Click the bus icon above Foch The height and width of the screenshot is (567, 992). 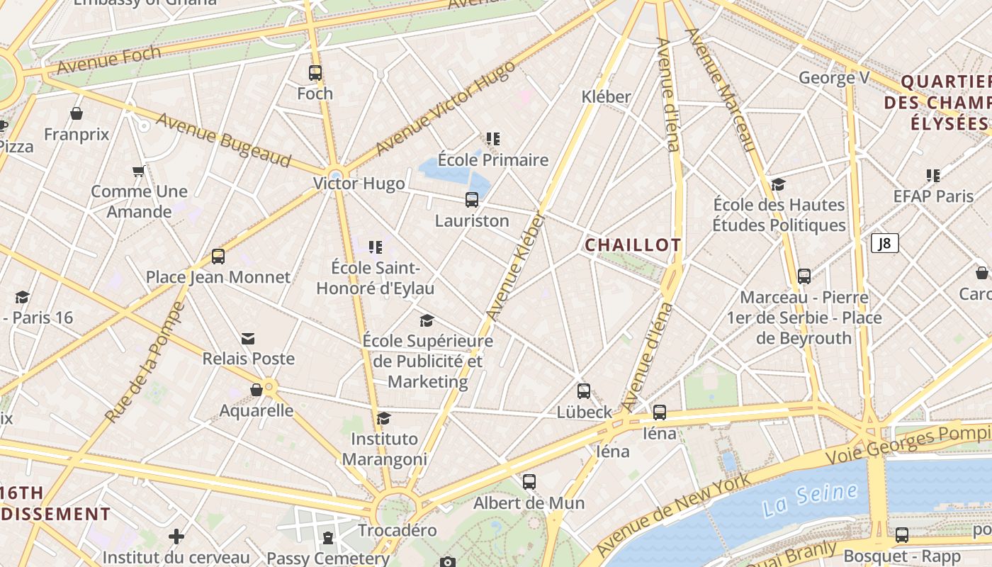pos(315,72)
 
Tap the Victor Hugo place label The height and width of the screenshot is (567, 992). pos(359,184)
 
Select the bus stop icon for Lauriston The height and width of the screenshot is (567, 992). pos(472,200)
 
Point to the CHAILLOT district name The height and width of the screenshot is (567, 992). pos(633,245)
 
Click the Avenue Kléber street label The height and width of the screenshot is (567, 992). pos(517,266)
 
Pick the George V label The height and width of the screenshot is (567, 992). pos(834,77)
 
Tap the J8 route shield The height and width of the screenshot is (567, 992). pos(885,244)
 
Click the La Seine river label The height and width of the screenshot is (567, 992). pos(810,500)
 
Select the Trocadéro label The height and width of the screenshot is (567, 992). pos(397,530)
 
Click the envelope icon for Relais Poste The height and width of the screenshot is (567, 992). pos(248,339)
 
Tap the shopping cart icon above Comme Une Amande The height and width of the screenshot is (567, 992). pos(139,171)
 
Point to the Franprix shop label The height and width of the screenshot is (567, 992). pos(77,134)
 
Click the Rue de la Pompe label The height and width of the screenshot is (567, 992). pos(145,364)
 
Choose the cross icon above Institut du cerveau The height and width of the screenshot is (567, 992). pos(176,537)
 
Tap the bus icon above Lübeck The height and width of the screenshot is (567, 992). pos(584,391)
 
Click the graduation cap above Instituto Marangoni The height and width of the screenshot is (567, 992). pos(383,418)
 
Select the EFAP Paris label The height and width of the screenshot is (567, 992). pos(933,196)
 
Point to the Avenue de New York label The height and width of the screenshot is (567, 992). pos(673,515)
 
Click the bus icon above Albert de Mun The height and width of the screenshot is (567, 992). pos(529,482)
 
